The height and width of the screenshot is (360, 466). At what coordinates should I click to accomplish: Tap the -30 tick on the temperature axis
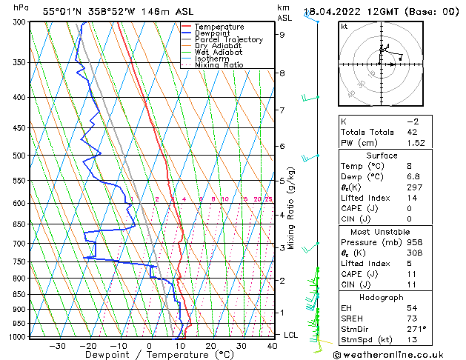(57, 345)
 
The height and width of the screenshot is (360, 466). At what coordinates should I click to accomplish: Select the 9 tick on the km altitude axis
(282, 34)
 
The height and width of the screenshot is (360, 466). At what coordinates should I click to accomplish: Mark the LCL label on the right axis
(292, 335)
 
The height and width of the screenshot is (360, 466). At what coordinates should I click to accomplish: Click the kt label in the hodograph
(344, 27)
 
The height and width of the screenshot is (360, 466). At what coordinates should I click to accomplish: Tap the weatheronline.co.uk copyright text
(398, 354)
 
